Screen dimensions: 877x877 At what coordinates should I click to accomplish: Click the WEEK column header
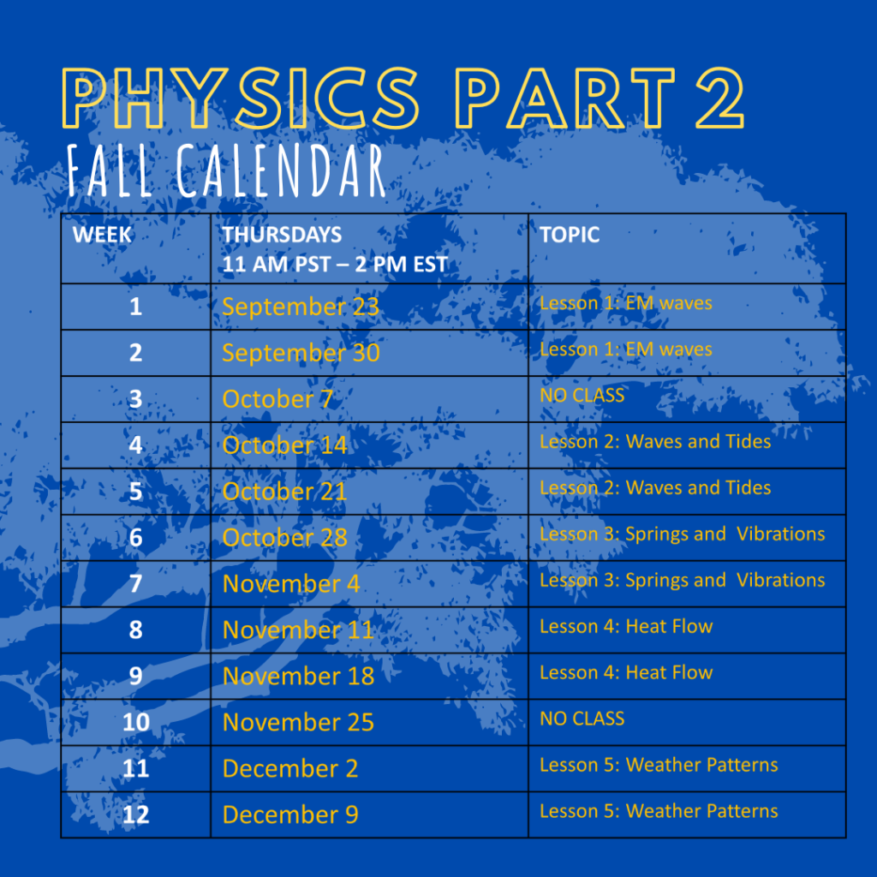pyautogui.click(x=102, y=235)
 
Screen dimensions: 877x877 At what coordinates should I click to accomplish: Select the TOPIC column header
pyautogui.click(x=570, y=235)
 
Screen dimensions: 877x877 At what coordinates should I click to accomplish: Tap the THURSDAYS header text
pyautogui.click(x=282, y=235)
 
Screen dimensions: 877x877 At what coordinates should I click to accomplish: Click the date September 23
pyautogui.click(x=301, y=307)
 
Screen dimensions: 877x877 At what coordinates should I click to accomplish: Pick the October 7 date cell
pyautogui.click(x=277, y=399)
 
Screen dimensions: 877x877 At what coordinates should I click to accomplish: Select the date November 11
pyautogui.click(x=298, y=630)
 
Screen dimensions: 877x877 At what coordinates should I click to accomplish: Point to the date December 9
pyautogui.click(x=290, y=815)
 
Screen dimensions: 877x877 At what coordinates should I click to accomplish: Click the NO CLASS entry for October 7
pyautogui.click(x=582, y=396)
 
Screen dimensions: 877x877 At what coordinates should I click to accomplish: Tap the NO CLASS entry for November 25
pyautogui.click(x=582, y=719)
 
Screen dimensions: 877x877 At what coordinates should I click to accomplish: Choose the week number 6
pyautogui.click(x=135, y=538)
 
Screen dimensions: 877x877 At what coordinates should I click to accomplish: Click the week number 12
pyautogui.click(x=136, y=815)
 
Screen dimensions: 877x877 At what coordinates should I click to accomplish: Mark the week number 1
pyautogui.click(x=135, y=307)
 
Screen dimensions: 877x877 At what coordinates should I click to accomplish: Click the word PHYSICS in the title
pyautogui.click(x=241, y=98)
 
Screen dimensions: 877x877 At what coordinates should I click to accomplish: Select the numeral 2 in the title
pyautogui.click(x=720, y=98)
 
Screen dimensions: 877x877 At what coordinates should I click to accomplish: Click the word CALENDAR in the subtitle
pyautogui.click(x=281, y=170)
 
